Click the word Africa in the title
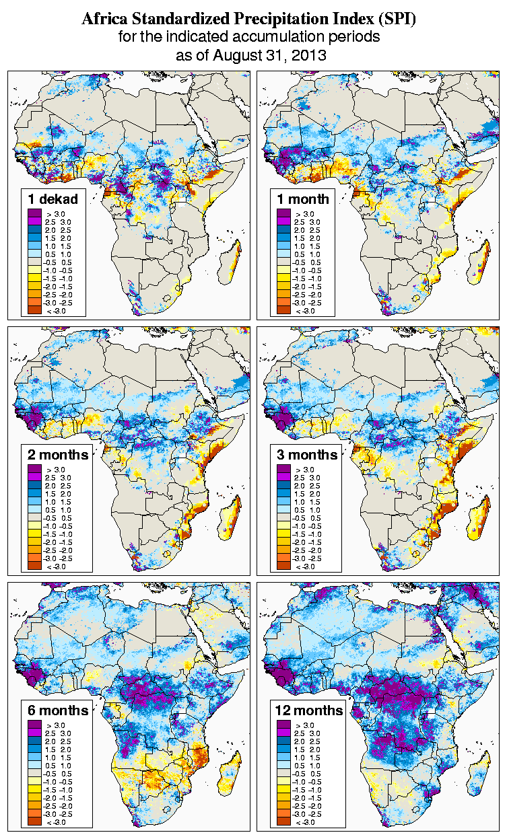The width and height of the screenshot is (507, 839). coord(104,20)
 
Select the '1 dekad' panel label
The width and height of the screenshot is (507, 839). coord(53,198)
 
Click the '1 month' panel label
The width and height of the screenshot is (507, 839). coord(302,198)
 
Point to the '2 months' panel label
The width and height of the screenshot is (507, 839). coord(58,454)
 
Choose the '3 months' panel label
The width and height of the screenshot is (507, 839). coord(307,454)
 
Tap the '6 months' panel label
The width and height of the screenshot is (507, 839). coord(58,710)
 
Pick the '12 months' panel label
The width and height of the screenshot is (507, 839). coord(309,710)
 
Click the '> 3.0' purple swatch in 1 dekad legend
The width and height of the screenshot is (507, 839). coord(35,213)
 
